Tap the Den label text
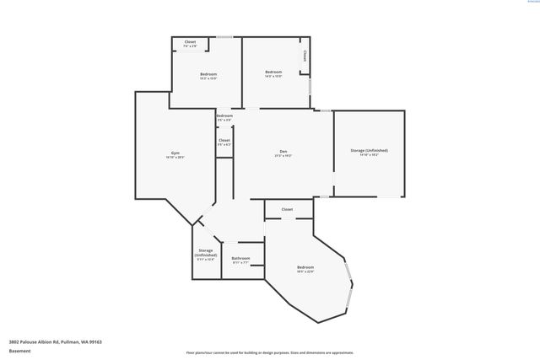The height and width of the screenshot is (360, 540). (x=283, y=153)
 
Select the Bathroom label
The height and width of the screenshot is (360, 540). (x=240, y=258)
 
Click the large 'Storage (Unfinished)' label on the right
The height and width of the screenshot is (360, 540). (x=369, y=150)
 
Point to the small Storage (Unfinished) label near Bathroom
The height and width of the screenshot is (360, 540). (x=206, y=253)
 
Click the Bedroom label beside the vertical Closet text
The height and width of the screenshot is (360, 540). (x=273, y=73)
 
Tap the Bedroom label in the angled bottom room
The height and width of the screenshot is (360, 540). (x=305, y=267)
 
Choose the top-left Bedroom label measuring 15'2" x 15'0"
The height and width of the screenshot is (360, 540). (x=208, y=75)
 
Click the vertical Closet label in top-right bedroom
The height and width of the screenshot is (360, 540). (x=305, y=56)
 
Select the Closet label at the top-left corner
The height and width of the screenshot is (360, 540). (x=190, y=41)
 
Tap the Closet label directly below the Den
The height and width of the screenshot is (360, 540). (x=287, y=209)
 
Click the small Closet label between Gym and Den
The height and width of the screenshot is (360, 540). (x=224, y=141)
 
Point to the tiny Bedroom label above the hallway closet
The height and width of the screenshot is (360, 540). (x=224, y=116)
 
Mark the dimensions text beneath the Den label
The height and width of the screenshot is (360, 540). (x=283, y=158)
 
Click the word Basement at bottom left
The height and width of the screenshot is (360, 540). (x=19, y=351)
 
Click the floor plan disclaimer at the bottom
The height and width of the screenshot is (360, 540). (x=270, y=352)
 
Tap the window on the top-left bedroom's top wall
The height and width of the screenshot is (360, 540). (x=224, y=36)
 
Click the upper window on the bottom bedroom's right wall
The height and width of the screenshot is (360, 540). (x=348, y=272)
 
